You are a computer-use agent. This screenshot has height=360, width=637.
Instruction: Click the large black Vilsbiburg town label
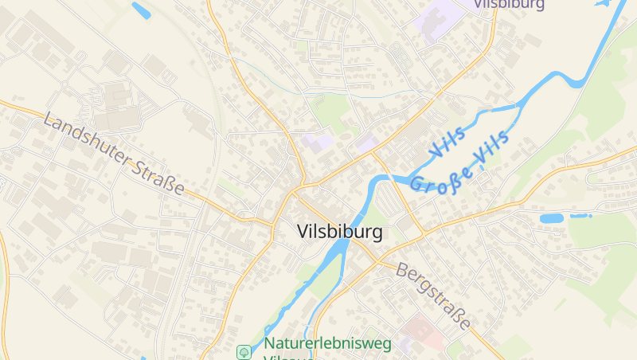(x=339, y=233)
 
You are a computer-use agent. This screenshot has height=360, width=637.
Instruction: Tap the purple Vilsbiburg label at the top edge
(x=510, y=4)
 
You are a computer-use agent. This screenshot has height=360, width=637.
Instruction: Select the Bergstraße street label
(x=433, y=295)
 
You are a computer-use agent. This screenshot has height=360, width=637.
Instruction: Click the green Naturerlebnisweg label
(x=327, y=344)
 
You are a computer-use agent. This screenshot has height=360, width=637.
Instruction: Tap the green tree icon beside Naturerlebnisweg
(x=244, y=350)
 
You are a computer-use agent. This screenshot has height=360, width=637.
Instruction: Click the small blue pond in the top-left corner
(x=141, y=10)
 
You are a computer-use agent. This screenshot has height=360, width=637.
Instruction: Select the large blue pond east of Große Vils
(x=552, y=217)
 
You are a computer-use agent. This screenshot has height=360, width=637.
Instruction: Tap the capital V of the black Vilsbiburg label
(x=302, y=233)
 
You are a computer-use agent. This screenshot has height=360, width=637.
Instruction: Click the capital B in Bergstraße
(x=401, y=270)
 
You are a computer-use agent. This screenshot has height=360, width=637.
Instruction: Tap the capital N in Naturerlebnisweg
(x=270, y=344)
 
